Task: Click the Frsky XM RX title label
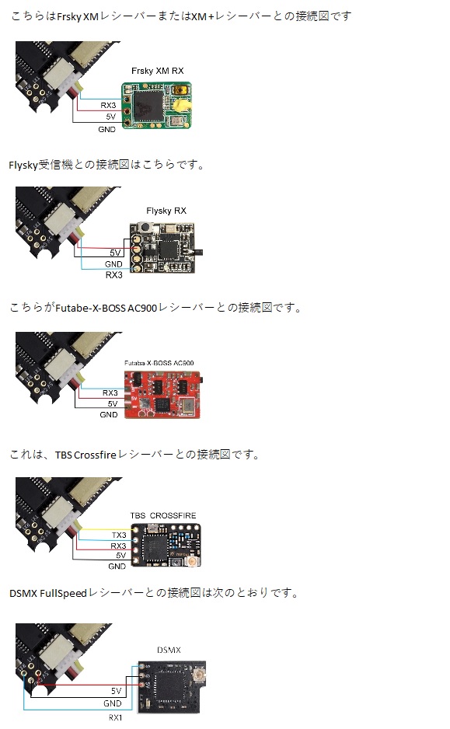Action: tap(157, 71)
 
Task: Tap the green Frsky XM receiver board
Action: tap(157, 106)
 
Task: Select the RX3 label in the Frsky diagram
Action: tap(108, 106)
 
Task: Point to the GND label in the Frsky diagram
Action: tap(107, 129)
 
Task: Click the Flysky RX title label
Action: tap(166, 211)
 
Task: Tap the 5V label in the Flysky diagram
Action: tap(115, 253)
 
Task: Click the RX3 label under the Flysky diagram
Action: tap(114, 275)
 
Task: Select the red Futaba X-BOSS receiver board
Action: tap(162, 394)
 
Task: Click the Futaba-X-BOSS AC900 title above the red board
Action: tap(159, 363)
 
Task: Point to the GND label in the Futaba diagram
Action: tap(109, 415)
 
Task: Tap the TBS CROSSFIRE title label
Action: tap(163, 515)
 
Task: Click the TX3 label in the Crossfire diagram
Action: tap(119, 535)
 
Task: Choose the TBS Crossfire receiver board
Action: tap(166, 546)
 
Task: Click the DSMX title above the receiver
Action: tap(169, 650)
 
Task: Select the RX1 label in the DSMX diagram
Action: tap(115, 717)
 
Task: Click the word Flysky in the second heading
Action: tap(23, 165)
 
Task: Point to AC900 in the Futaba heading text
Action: tap(142, 308)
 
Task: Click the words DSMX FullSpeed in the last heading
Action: tap(48, 593)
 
